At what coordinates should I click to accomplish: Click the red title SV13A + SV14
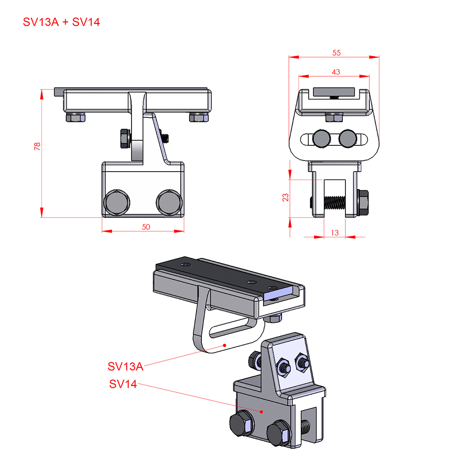click(x=61, y=22)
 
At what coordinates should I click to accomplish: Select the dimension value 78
click(x=37, y=146)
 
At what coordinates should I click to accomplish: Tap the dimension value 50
click(x=146, y=227)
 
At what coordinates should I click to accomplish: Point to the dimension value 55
click(x=336, y=53)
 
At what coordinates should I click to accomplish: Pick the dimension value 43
click(x=336, y=72)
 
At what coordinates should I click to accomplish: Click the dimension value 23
click(x=286, y=197)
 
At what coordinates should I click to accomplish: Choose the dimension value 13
click(x=335, y=233)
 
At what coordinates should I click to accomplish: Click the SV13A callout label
click(x=125, y=367)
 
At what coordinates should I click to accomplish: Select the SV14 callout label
click(x=123, y=384)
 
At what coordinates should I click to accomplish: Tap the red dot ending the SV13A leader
click(x=224, y=345)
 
